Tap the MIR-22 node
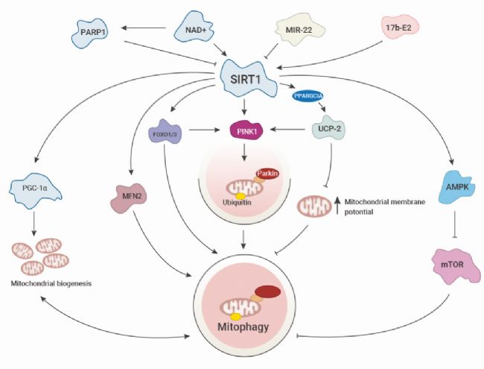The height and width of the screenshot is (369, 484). [x=294, y=31]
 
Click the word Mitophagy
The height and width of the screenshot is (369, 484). [x=245, y=325]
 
